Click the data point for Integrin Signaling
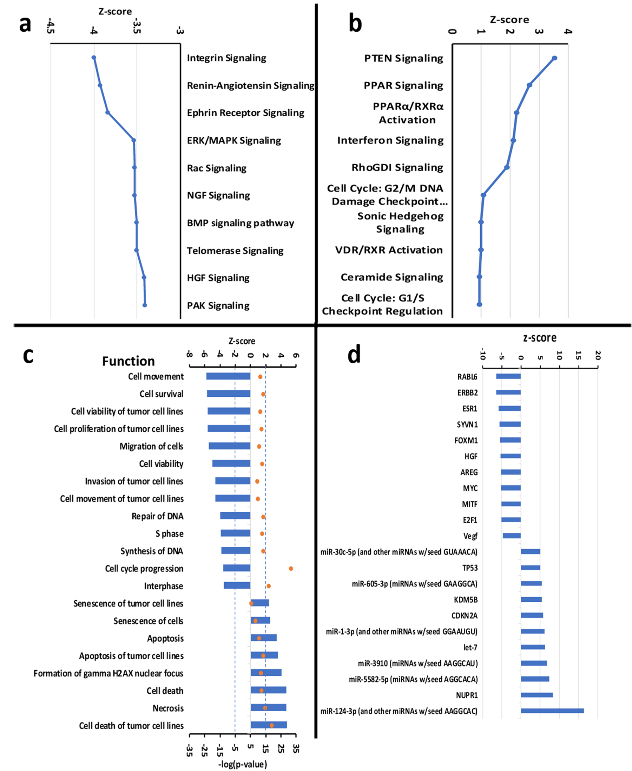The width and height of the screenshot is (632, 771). pyautogui.click(x=93, y=58)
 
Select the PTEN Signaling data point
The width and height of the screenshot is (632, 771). pyautogui.click(x=554, y=58)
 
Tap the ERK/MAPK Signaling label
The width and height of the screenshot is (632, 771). pyautogui.click(x=234, y=140)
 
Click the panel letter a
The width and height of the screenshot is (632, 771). pyautogui.click(x=25, y=24)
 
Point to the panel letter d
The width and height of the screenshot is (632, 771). pyautogui.click(x=354, y=354)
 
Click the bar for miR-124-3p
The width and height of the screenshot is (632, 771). pyautogui.click(x=552, y=711)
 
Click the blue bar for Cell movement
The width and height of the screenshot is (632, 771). pyautogui.click(x=228, y=376)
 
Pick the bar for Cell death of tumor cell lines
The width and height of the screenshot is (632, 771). pyautogui.click(x=269, y=725)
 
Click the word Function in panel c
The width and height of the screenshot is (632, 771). pyautogui.click(x=128, y=361)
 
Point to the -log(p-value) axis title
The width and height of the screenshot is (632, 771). pyautogui.click(x=243, y=764)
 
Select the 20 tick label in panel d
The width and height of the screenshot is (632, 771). pyautogui.click(x=597, y=355)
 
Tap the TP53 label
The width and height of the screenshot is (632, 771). pyautogui.click(x=470, y=568)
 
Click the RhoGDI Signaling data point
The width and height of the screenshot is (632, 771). pyautogui.click(x=507, y=167)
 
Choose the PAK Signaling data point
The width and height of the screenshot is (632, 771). pyautogui.click(x=145, y=305)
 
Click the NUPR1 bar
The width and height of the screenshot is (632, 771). pyautogui.click(x=536, y=695)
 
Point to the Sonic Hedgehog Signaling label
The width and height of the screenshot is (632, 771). pyautogui.click(x=400, y=222)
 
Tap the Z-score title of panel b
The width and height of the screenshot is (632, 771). pyautogui.click(x=509, y=20)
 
